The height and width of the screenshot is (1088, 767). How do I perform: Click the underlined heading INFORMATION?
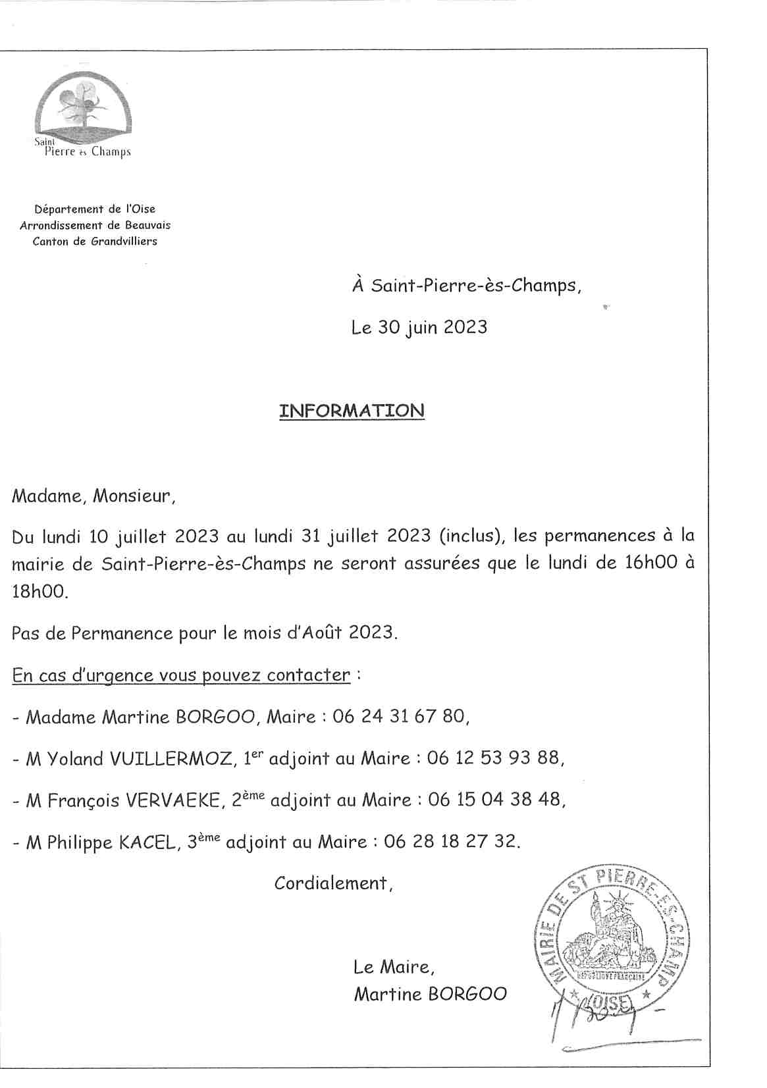[x=352, y=411]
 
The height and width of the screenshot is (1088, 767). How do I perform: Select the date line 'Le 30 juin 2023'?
[x=419, y=327]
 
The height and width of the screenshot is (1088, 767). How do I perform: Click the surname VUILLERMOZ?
[x=171, y=759]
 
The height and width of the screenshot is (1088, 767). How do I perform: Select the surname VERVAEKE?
[x=173, y=800]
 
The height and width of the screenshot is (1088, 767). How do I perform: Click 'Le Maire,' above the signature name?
[x=394, y=967]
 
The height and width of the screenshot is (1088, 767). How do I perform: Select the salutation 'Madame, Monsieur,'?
[x=93, y=496]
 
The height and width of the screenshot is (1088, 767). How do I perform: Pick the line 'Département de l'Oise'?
[x=95, y=209]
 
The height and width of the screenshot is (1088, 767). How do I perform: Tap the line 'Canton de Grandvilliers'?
[x=95, y=241]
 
